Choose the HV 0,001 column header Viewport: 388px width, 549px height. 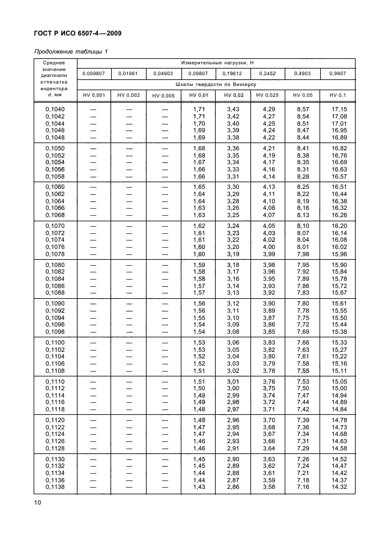pyautogui.click(x=93, y=96)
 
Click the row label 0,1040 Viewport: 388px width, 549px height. pyautogui.click(x=56, y=108)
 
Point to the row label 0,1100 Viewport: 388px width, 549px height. pyautogui.click(x=56, y=342)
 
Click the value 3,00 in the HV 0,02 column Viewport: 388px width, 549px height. pyautogui.click(x=232, y=388)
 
